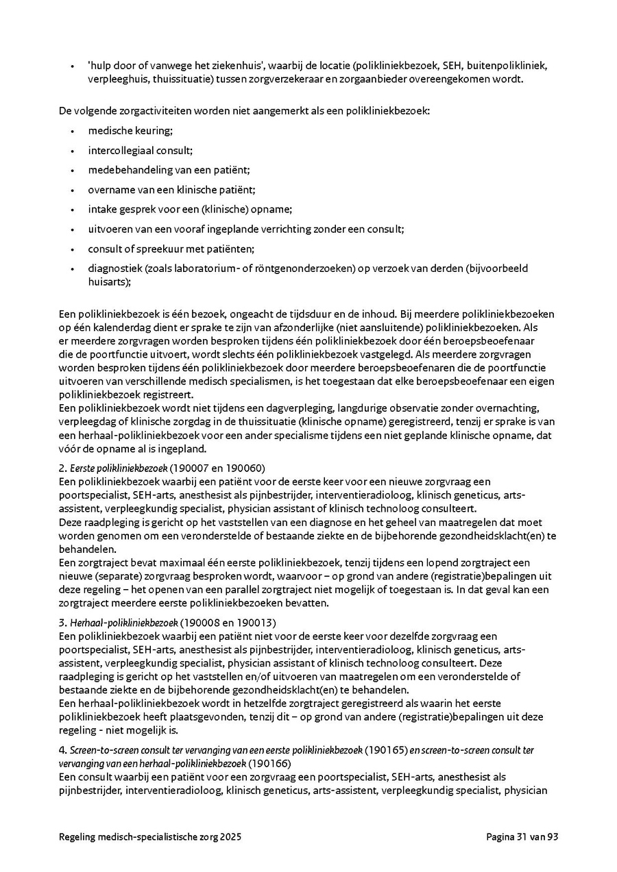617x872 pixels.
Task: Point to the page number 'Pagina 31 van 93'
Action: pos(523,837)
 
